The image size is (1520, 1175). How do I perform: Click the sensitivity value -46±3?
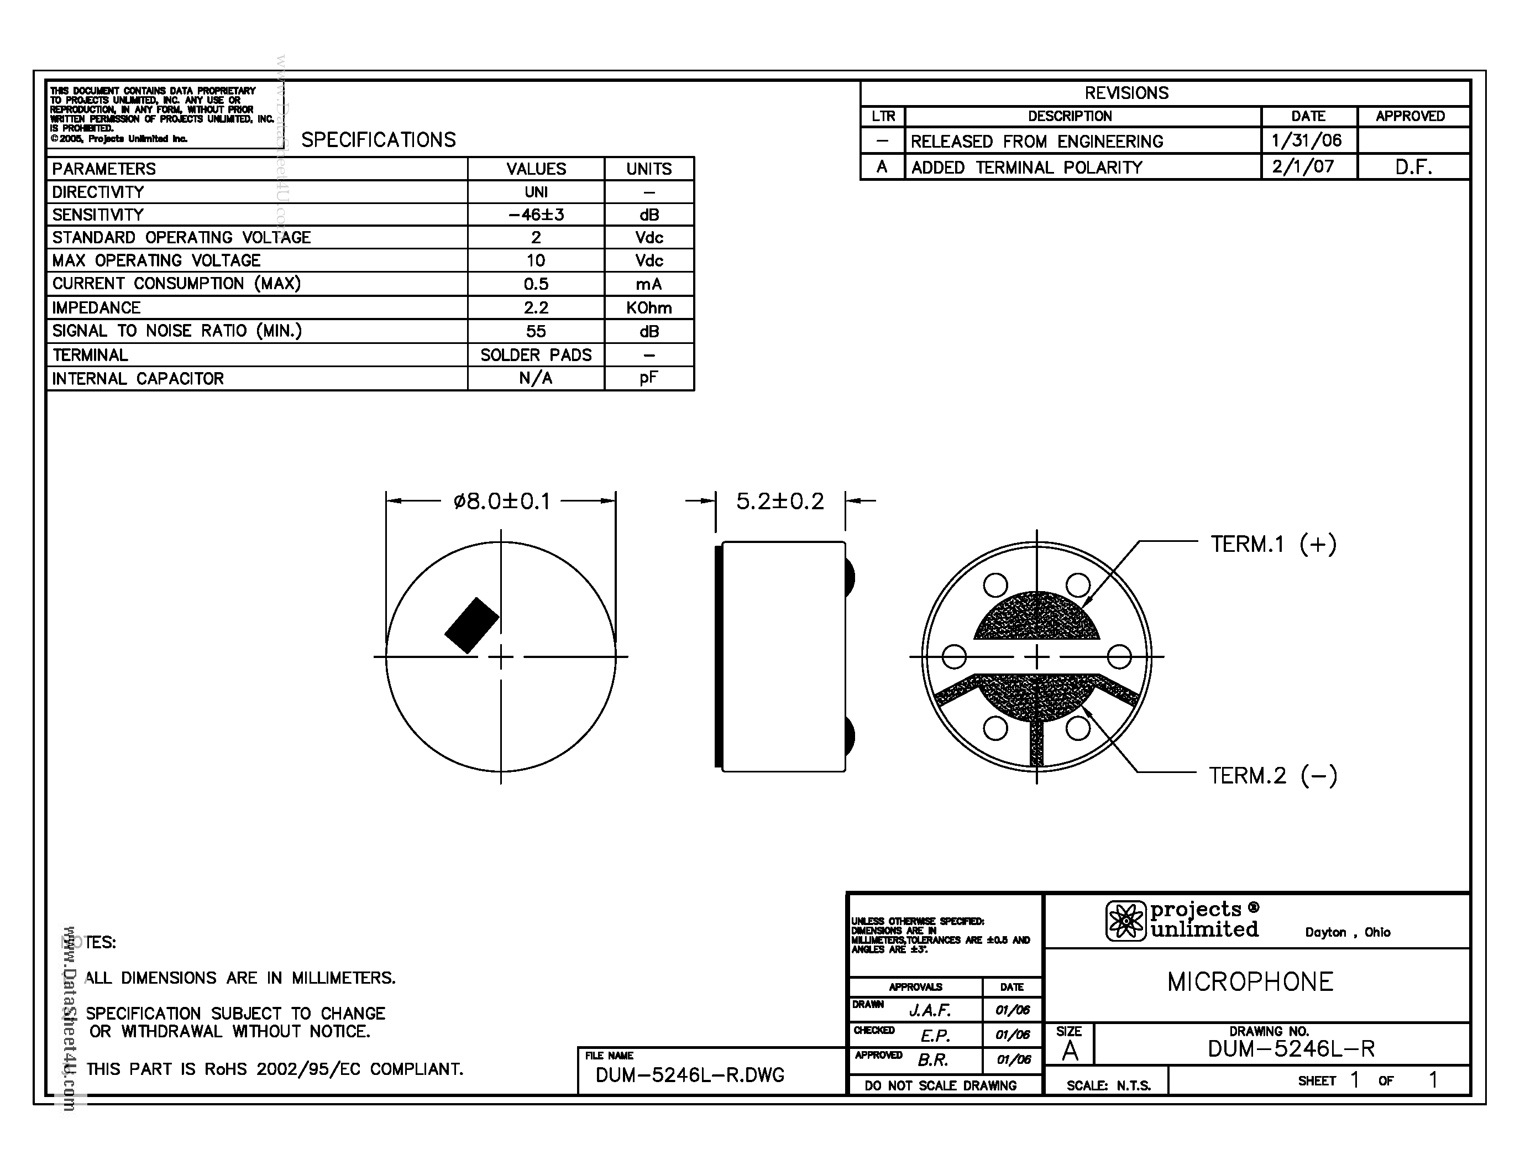[536, 215]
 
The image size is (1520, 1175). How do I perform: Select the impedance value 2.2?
[536, 307]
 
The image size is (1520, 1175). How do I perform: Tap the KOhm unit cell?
[649, 307]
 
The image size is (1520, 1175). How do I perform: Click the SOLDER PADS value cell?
[536, 355]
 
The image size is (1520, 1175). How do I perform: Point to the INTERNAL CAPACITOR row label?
[138, 379]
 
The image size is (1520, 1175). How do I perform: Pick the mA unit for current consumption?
[649, 284]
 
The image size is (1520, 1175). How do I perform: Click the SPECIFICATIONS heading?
[379, 140]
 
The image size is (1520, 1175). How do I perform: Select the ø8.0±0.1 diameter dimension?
[501, 501]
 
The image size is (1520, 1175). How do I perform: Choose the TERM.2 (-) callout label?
[1273, 775]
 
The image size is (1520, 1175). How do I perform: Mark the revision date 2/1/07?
[1303, 167]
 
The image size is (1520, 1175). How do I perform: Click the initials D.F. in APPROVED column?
[1413, 167]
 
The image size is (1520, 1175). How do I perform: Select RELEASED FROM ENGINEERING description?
[1036, 142]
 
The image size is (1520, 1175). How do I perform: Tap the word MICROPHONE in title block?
[1250, 982]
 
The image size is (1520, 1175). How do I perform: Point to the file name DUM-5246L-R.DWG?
[690, 1075]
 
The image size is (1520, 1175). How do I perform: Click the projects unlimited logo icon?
[1125, 921]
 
